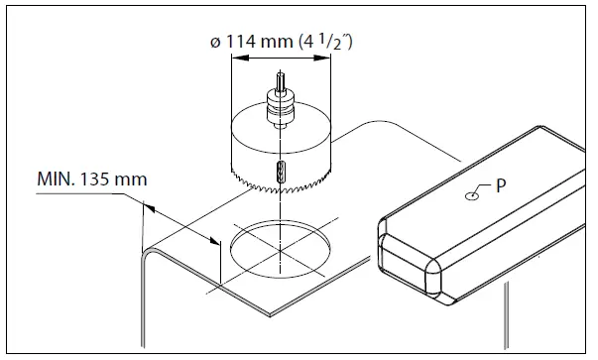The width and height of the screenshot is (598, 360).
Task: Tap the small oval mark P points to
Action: click(x=471, y=195)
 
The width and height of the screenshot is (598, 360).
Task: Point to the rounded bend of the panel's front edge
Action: click(x=149, y=260)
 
